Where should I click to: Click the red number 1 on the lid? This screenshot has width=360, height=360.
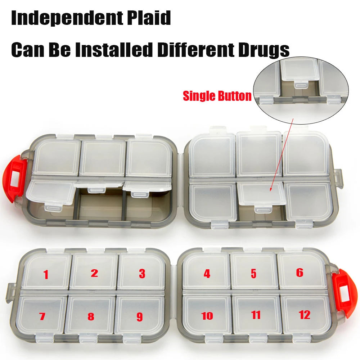46,275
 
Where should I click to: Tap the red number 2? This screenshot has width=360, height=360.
94,273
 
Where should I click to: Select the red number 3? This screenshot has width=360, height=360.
142,274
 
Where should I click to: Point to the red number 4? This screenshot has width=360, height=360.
207,274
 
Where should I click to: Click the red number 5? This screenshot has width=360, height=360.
253,274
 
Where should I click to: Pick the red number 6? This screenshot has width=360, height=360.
300,273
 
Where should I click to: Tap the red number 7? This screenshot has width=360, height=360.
42,317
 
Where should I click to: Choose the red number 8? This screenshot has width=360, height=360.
91,317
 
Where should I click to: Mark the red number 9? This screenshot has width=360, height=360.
140,317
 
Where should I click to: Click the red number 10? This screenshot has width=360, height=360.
207,316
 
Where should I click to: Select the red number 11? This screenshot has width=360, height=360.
256,315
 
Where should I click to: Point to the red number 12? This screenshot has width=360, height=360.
305,315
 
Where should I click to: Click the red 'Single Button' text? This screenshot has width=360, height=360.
217,96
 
